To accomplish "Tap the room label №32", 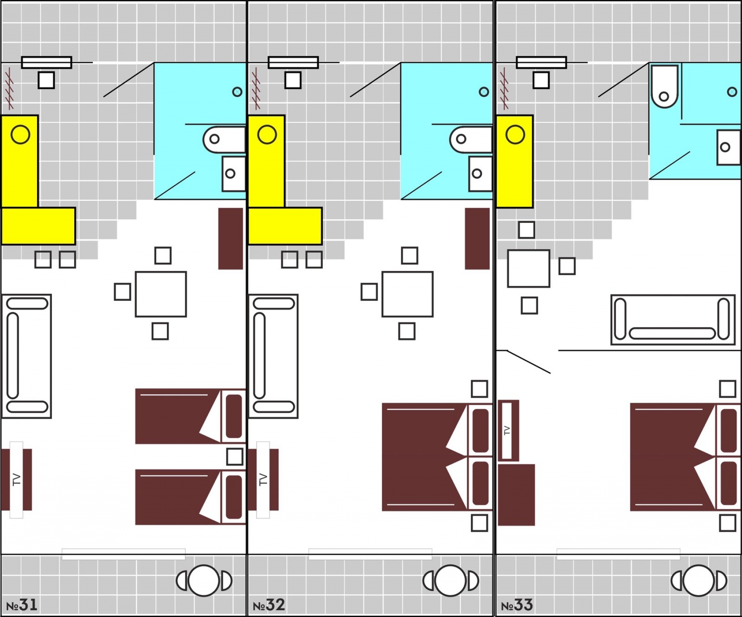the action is (x=269, y=605).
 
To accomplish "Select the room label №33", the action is (x=517, y=605).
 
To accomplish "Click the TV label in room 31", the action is (x=16, y=480).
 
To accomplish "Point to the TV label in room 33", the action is (x=507, y=431).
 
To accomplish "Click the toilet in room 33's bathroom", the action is (x=665, y=87).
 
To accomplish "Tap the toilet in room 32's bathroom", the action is (x=471, y=139).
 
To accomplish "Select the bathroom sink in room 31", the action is (x=234, y=174).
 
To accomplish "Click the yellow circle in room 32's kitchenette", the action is (x=267, y=134).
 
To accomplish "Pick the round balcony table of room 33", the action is (x=699, y=581).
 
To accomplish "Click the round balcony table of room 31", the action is (x=204, y=581).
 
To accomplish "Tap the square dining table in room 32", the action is (x=408, y=294).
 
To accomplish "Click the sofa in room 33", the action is (x=673, y=320).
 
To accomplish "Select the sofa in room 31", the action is (x=26, y=356).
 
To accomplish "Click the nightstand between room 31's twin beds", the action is (x=235, y=457).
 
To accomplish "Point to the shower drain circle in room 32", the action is (x=484, y=92).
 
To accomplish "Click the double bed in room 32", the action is (x=437, y=457).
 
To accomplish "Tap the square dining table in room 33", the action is (x=529, y=268).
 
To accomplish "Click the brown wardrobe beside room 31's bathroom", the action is (x=230, y=239).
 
